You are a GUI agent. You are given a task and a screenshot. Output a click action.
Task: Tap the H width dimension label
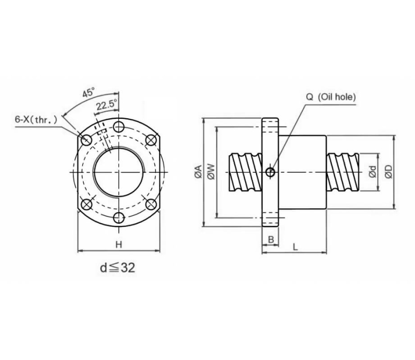coord(118,245)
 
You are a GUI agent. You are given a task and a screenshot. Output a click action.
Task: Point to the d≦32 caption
coord(118,268)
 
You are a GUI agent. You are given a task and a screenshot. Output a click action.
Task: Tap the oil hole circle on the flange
coord(270,172)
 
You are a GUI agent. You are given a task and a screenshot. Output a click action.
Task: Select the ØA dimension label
coord(198,172)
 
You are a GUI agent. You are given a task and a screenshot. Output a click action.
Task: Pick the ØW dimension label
coord(211,172)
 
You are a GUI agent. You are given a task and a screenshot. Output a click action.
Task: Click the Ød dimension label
coord(372,172)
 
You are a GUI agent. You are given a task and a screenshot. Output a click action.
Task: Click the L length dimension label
coord(295,247)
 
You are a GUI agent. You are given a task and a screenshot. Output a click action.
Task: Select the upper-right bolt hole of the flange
coord(151,139)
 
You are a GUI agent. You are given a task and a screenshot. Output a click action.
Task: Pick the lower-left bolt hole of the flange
coord(87,204)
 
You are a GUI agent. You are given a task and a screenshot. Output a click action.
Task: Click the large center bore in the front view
coord(119,172)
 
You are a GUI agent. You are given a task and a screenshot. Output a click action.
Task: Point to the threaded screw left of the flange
coord(245,172)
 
